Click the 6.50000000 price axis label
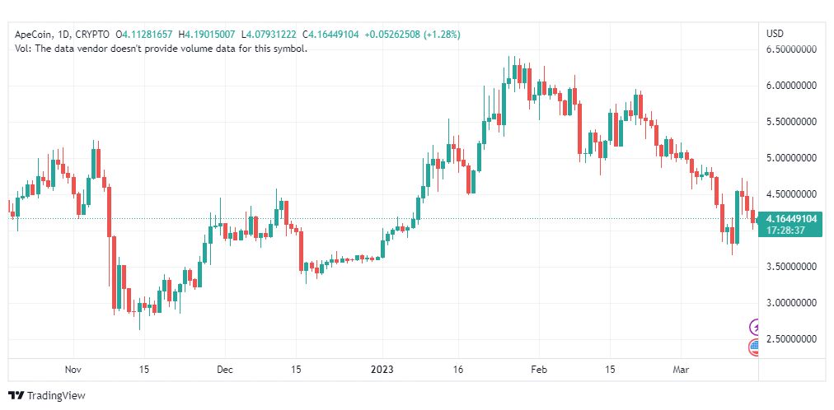[791, 49]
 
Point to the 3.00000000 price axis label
[791, 303]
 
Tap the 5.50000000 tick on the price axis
[791, 122]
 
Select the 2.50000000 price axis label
[791, 339]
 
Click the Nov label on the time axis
[73, 370]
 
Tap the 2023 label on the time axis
[382, 370]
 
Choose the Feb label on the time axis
[537, 370]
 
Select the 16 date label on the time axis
[459, 370]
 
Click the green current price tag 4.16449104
[790, 219]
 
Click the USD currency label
[775, 34]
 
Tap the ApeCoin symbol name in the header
[34, 35]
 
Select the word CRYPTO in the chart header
[91, 35]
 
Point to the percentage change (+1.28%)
[438, 35]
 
